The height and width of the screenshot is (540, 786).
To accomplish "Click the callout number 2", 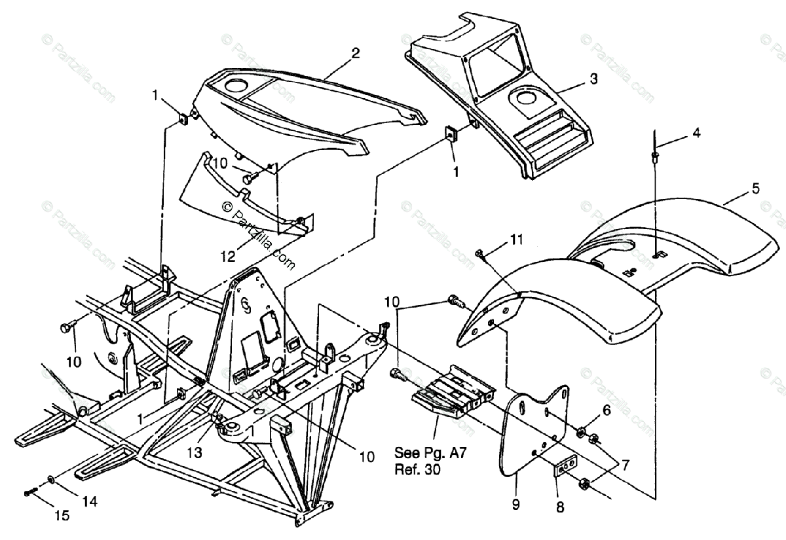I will (x=355, y=54).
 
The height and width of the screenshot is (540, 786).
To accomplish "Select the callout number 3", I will (x=593, y=79).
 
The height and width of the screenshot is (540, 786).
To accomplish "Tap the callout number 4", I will (x=697, y=134).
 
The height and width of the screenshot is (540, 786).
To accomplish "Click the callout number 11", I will (x=517, y=240).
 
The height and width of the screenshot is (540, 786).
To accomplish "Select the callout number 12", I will (x=227, y=257).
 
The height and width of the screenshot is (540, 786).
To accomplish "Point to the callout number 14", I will (x=90, y=501).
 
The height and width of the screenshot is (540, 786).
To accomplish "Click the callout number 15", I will (x=62, y=516).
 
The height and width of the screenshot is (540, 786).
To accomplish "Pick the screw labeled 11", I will (x=479, y=253).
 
